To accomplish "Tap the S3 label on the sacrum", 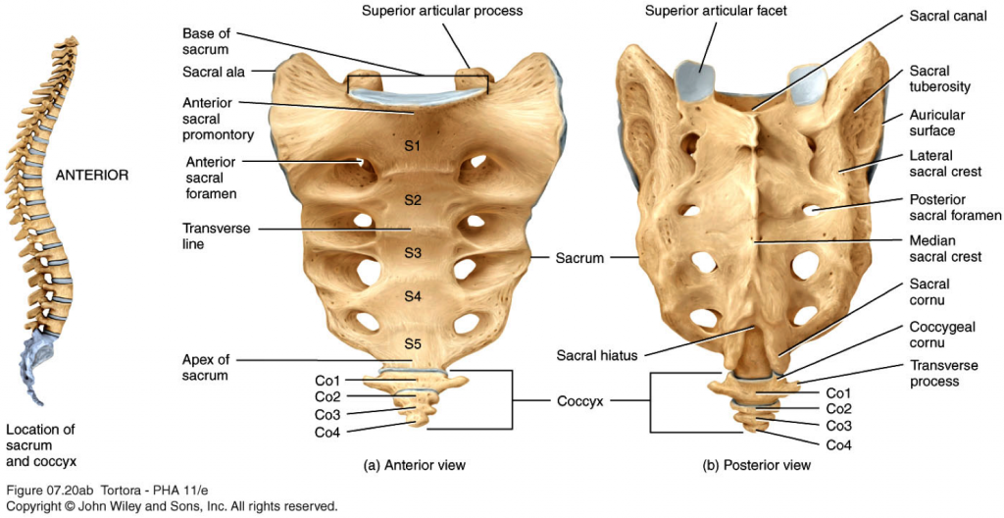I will click(413, 253).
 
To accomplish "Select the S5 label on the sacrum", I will click(413, 343).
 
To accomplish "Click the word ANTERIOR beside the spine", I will click(92, 176).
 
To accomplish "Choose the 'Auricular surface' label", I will click(936, 123).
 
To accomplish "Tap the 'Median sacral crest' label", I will click(945, 249).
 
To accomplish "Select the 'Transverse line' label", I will click(216, 235).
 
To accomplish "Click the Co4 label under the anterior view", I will click(327, 433).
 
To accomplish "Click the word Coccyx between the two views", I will click(582, 401).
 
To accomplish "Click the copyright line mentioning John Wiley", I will click(172, 507).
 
